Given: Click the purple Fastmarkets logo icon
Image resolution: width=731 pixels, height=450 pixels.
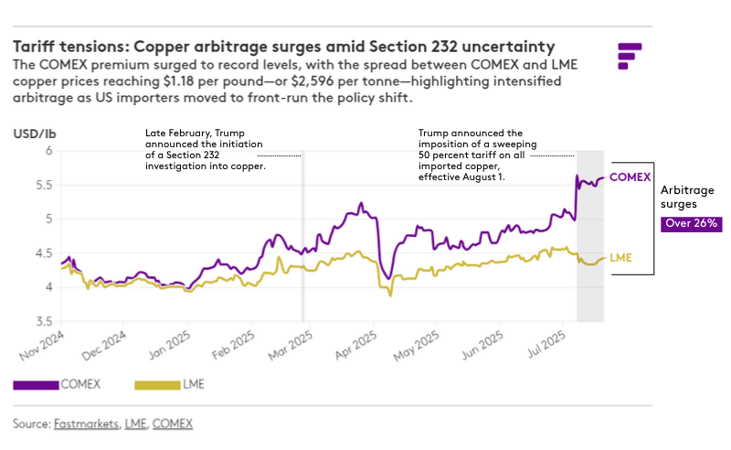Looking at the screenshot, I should (630, 55).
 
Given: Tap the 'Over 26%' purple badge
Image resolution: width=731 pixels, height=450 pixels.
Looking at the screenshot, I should (692, 223).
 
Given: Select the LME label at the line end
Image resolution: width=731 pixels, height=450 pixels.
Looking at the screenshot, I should (620, 257).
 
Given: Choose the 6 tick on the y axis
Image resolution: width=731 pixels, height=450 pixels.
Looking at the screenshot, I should (48, 151).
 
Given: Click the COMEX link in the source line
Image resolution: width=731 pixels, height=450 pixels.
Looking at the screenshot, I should (173, 423).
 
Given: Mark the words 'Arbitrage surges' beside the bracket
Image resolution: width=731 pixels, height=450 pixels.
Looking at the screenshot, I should (684, 198).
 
